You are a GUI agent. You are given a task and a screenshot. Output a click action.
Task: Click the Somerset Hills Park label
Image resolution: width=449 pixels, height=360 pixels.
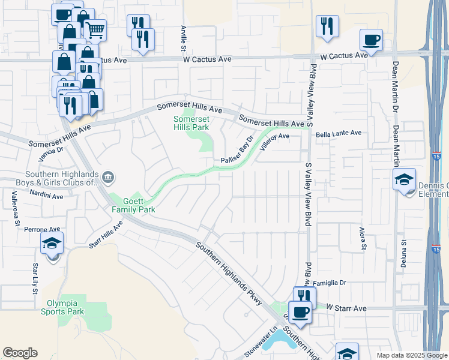191,123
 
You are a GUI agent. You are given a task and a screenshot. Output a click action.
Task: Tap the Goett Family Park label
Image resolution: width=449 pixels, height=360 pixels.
133,205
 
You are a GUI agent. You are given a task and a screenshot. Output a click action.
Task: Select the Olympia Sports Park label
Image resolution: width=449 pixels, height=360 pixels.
62,307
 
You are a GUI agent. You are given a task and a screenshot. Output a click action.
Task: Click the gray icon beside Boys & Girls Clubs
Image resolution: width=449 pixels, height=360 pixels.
109,176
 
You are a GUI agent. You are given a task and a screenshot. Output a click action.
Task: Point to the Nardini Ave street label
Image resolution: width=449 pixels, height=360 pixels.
46,196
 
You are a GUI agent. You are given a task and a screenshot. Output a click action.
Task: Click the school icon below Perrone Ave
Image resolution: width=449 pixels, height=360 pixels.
52,244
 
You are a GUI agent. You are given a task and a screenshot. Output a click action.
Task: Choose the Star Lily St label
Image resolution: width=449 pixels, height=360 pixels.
35,278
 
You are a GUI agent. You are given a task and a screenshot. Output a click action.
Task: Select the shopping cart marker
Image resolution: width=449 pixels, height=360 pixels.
95,28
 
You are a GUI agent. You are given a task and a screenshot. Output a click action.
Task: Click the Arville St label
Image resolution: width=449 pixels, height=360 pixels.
184,38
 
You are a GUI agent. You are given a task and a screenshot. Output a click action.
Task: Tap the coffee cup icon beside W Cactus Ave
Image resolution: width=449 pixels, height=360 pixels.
371,40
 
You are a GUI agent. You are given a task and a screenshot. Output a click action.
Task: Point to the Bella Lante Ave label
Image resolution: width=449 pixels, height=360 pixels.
339,133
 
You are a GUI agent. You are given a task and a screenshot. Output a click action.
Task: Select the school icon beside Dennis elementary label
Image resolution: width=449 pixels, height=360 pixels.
404,179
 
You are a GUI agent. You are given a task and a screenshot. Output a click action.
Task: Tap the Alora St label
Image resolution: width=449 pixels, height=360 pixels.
363,238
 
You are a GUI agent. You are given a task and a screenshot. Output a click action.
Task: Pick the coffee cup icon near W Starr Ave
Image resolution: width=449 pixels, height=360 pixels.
302,313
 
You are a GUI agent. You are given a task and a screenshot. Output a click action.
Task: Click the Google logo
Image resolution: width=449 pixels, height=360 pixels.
20,353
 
